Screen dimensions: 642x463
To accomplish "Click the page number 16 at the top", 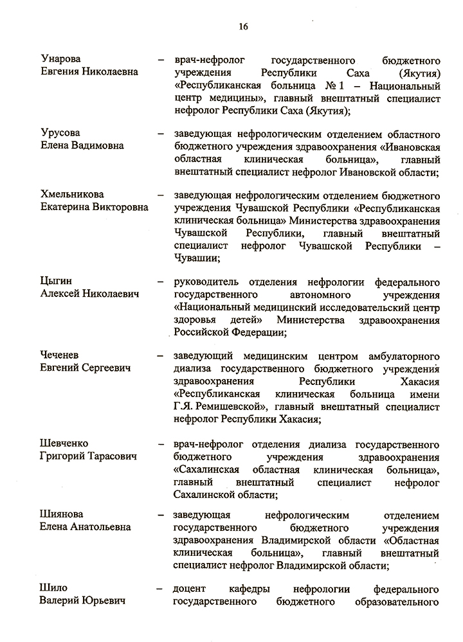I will click(243, 26).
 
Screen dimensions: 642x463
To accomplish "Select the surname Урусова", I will click(57, 133).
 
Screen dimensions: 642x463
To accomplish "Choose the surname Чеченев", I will click(60, 355).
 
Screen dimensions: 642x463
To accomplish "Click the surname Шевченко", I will click(64, 443).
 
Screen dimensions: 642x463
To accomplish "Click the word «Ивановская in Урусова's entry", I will click(410, 146).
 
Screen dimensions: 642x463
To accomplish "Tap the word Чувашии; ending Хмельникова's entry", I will click(197, 258).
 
